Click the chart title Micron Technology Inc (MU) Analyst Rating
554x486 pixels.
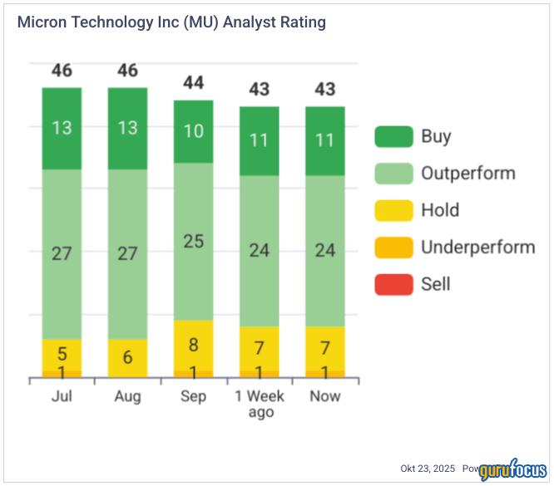point(171,22)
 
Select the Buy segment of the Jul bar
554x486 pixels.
point(62,128)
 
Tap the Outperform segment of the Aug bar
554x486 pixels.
point(127,253)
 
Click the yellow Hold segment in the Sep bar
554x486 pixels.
point(193,344)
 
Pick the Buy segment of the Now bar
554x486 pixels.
point(324,140)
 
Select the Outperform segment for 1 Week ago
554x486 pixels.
point(259,250)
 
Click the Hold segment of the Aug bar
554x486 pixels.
point(127,357)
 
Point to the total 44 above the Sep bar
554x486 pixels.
point(193,82)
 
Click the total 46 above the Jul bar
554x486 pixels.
point(62,71)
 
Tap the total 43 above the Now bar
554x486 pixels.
point(324,89)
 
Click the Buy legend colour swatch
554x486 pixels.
point(393,137)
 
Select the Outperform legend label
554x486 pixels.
point(467,174)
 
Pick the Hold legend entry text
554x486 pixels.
point(440,210)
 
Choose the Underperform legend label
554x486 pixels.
point(477,247)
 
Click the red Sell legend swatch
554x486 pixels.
point(393,284)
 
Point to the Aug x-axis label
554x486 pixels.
point(127,396)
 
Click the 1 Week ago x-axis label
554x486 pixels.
point(259,404)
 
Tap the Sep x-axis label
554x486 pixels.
point(193,396)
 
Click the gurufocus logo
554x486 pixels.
point(512,467)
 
